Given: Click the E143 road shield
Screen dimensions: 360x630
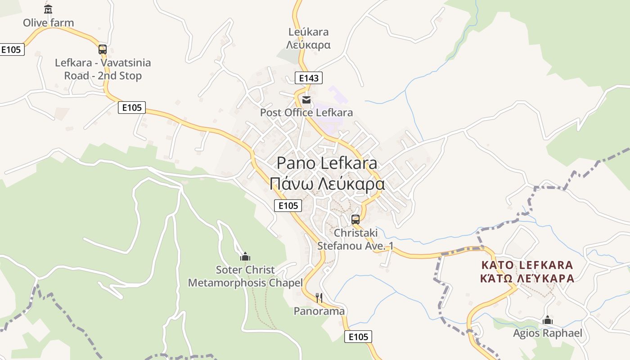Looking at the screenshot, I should tap(309, 78).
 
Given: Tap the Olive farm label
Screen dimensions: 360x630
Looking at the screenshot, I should tap(48, 22).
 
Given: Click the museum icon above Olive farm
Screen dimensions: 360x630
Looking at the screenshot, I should tap(48, 9).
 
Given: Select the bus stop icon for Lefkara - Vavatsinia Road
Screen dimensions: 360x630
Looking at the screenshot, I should tap(103, 49).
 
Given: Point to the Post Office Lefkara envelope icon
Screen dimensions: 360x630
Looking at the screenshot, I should tap(306, 99).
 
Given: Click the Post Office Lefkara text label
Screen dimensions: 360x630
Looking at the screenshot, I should tap(306, 112).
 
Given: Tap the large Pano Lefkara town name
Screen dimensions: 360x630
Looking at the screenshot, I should tap(327, 163).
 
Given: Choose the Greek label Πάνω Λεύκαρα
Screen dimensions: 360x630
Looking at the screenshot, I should tap(327, 184).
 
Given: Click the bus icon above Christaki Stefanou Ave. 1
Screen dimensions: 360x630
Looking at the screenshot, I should tap(355, 220).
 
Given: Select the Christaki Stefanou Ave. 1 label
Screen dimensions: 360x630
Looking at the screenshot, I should tap(355, 239).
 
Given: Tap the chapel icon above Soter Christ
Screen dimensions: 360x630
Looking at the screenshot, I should tap(245, 256).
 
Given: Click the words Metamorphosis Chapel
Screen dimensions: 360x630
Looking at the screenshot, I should tap(245, 283).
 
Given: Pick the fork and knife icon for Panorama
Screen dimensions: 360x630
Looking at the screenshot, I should tap(319, 297).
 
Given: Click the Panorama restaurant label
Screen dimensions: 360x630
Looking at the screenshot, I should tap(319, 311).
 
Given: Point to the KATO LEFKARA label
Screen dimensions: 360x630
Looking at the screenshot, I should tap(527, 265).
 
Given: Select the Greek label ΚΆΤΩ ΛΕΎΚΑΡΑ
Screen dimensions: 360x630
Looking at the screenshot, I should tap(527, 279).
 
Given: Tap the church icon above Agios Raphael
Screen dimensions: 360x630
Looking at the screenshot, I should tap(548, 320).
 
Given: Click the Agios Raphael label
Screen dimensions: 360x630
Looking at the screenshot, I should tap(548, 333).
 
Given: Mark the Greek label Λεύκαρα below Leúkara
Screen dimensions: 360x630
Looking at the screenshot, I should tap(309, 45).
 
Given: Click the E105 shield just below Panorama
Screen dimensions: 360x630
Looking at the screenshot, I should tap(358, 337).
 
